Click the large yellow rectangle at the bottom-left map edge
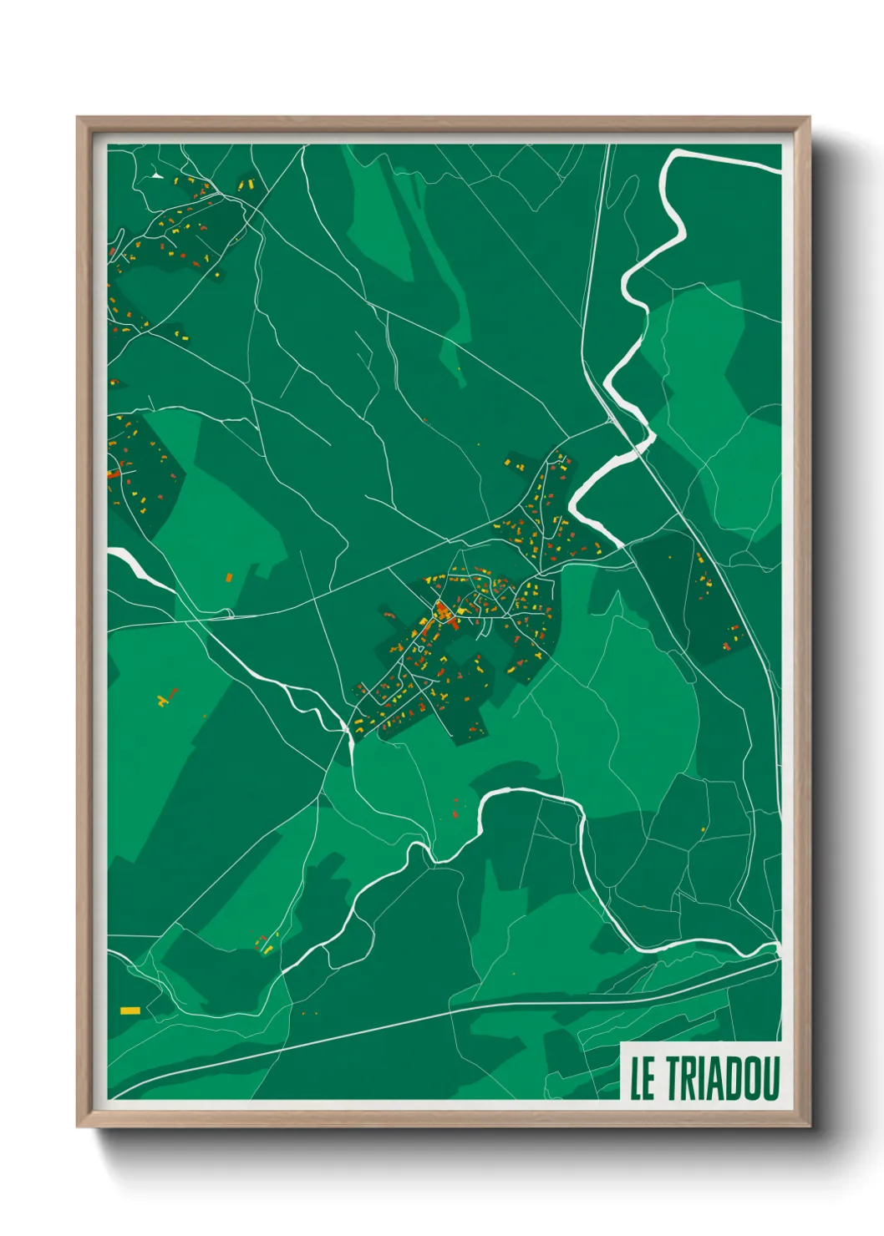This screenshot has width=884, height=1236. click(130, 1011)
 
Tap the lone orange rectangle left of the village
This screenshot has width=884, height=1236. click(229, 577)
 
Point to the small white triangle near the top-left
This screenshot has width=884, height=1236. click(156, 175)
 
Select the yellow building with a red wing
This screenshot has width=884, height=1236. click(168, 697)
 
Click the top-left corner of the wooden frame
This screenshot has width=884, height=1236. click(79, 119)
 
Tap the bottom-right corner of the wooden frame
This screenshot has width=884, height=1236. click(808, 1126)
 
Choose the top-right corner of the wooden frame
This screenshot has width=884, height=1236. click(808, 119)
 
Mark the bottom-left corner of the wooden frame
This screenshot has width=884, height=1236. click(79, 1126)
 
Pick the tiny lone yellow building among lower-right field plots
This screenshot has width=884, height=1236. click(704, 829)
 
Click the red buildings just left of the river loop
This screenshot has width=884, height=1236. click(455, 806)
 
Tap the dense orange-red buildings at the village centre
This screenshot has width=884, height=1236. click(440, 612)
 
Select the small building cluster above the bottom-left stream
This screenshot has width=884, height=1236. click(267, 944)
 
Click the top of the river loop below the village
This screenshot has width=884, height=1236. click(510, 789)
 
